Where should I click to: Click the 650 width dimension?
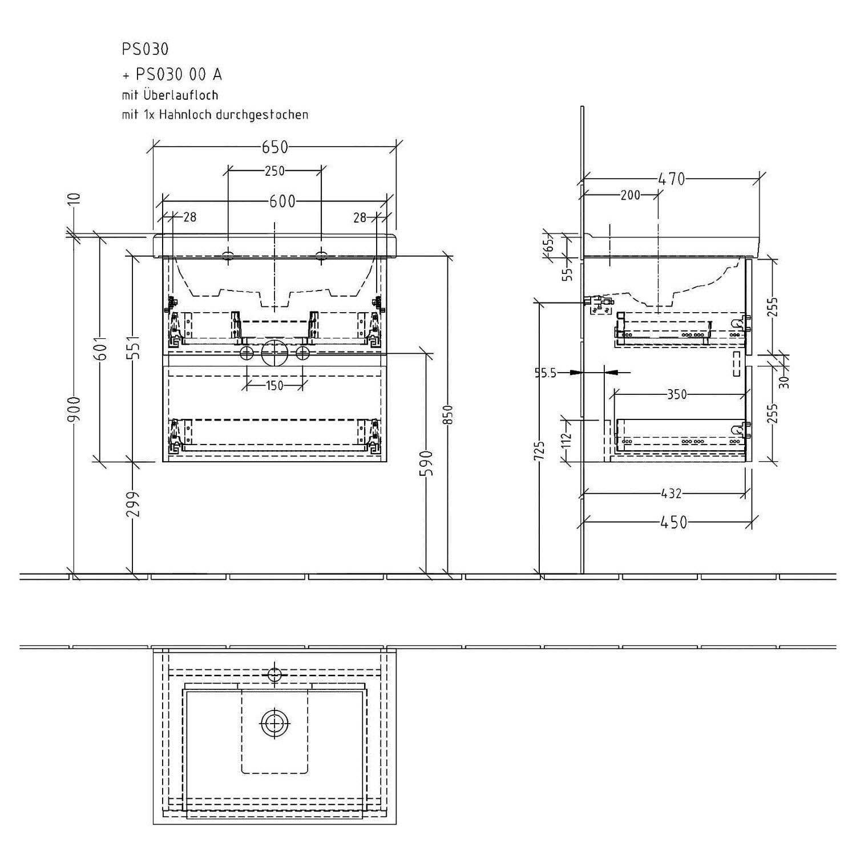(x=275, y=147)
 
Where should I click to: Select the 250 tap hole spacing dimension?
(x=274, y=171)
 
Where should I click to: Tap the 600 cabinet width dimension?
(x=282, y=201)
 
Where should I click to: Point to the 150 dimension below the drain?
(x=274, y=386)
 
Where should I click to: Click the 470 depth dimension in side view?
(x=672, y=179)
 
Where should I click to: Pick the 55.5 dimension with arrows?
(x=545, y=373)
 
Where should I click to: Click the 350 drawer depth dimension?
(x=676, y=394)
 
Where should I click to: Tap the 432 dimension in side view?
(x=671, y=493)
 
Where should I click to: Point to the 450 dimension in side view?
(x=674, y=522)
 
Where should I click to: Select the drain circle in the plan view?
(x=275, y=724)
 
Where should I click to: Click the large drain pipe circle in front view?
(x=276, y=353)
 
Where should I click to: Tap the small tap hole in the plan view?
(x=275, y=673)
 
